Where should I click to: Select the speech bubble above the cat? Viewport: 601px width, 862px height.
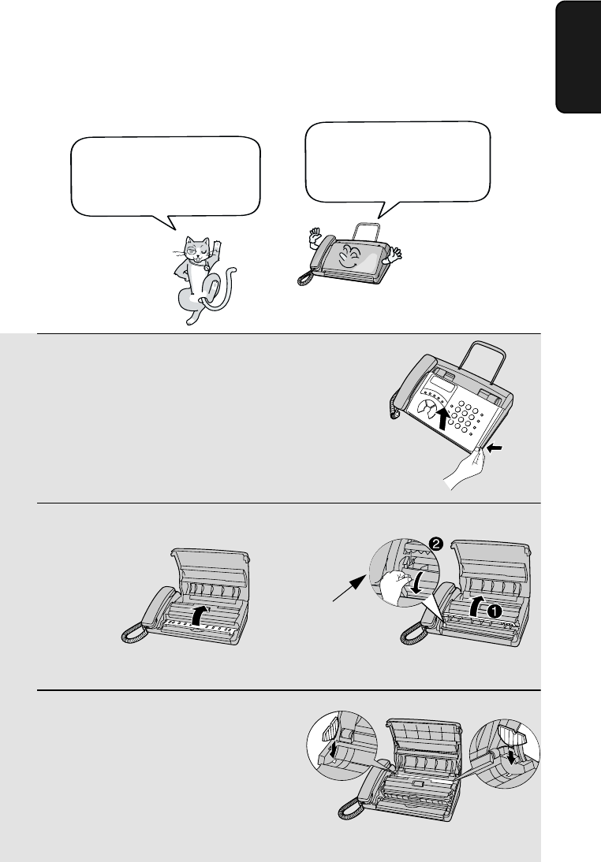coord(165,181)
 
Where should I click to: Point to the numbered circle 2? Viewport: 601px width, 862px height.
coord(435,544)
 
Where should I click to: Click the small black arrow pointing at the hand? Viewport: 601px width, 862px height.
coord(495,449)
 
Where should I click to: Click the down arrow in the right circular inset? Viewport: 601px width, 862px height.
coord(513,756)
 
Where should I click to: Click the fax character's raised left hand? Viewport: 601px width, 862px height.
coord(315,237)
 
